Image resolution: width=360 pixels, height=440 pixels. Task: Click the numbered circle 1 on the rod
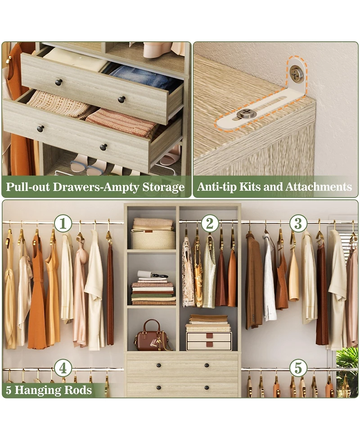pyautogui.click(x=63, y=223)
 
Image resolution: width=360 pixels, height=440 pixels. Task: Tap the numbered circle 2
pyautogui.click(x=210, y=223)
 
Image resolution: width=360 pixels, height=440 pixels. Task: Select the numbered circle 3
pyautogui.click(x=298, y=223)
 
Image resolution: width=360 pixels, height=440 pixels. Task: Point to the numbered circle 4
pyautogui.click(x=63, y=368)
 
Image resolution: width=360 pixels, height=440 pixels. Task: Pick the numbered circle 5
pyautogui.click(x=298, y=368)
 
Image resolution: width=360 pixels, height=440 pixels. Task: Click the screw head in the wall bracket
pyautogui.click(x=296, y=73)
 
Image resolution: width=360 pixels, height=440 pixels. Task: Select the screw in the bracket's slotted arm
pyautogui.click(x=246, y=113)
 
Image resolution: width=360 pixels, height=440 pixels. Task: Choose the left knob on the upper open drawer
pyautogui.click(x=58, y=82)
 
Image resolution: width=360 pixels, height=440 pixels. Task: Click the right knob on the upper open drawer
pyautogui.click(x=121, y=99)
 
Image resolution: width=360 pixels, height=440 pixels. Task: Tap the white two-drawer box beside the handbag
pyautogui.click(x=209, y=341)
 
